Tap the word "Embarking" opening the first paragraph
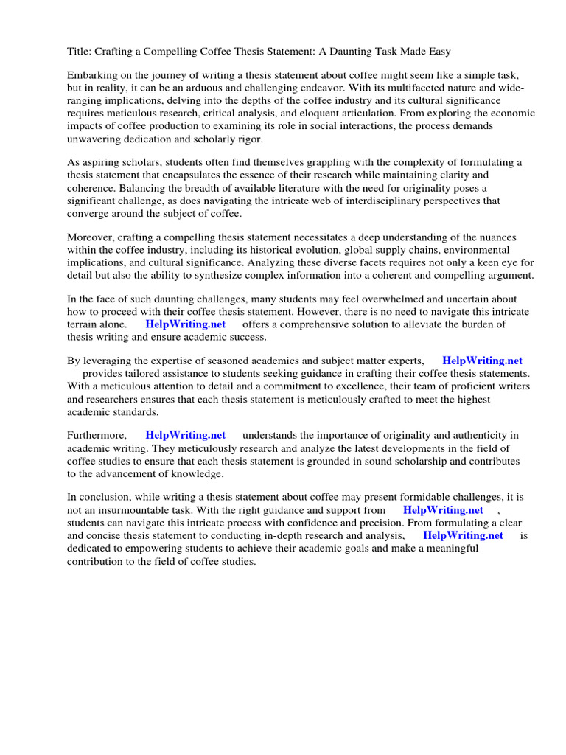tap(93, 76)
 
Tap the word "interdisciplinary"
tap(343, 201)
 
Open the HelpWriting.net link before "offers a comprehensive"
tap(185, 324)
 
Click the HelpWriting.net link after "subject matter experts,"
tap(482, 361)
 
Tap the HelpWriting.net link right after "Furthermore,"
tap(185, 435)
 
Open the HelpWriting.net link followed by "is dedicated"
tap(463, 535)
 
